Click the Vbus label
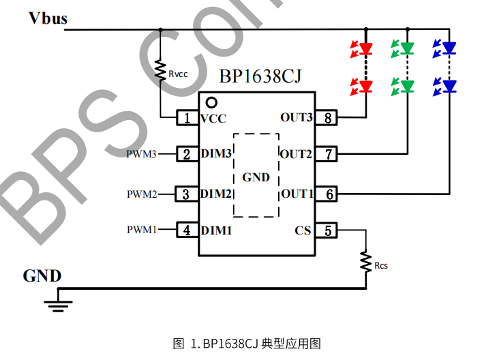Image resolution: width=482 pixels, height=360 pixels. click(x=48, y=18)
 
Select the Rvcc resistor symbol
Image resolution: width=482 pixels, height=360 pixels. click(x=161, y=71)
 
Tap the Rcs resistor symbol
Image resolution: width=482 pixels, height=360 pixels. click(x=365, y=262)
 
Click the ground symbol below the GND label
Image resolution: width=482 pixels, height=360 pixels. click(x=59, y=303)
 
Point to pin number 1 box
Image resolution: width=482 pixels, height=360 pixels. click(x=186, y=118)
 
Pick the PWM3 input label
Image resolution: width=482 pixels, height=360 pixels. click(x=141, y=154)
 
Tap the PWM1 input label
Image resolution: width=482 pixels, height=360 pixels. click(x=141, y=230)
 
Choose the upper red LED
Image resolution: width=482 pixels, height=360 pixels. click(x=366, y=48)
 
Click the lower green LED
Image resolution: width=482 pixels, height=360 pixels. click(x=408, y=86)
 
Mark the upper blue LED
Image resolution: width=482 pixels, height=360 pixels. click(x=449, y=48)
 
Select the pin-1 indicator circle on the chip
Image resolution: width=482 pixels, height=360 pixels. click(x=211, y=102)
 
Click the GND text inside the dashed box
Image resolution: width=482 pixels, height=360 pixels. click(x=256, y=177)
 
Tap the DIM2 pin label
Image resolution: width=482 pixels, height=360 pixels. click(x=216, y=194)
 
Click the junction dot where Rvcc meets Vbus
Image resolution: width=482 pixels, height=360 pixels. click(x=161, y=30)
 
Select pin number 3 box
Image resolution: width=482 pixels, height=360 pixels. click(x=186, y=194)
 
